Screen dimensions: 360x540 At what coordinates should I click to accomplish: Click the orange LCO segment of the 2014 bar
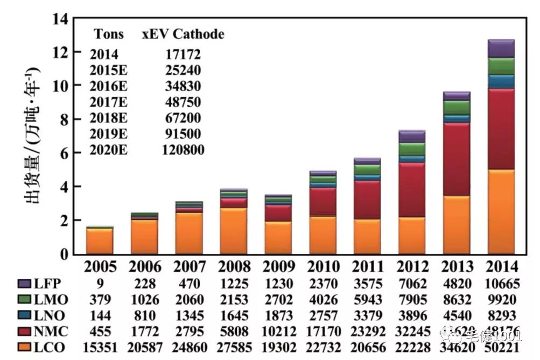[x=501, y=211]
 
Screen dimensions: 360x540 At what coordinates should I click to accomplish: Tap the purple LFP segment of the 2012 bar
[x=411, y=136]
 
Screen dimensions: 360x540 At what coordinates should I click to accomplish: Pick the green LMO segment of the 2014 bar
[x=501, y=66]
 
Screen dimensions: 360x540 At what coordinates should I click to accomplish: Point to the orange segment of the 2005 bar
[x=100, y=241]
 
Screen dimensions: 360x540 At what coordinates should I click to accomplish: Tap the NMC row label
[x=52, y=331]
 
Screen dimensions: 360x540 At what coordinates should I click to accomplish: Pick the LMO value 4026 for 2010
[x=324, y=300]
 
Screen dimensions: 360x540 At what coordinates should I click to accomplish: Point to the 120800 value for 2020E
[x=183, y=150]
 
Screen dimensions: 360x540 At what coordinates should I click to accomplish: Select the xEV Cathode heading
[x=183, y=34]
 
